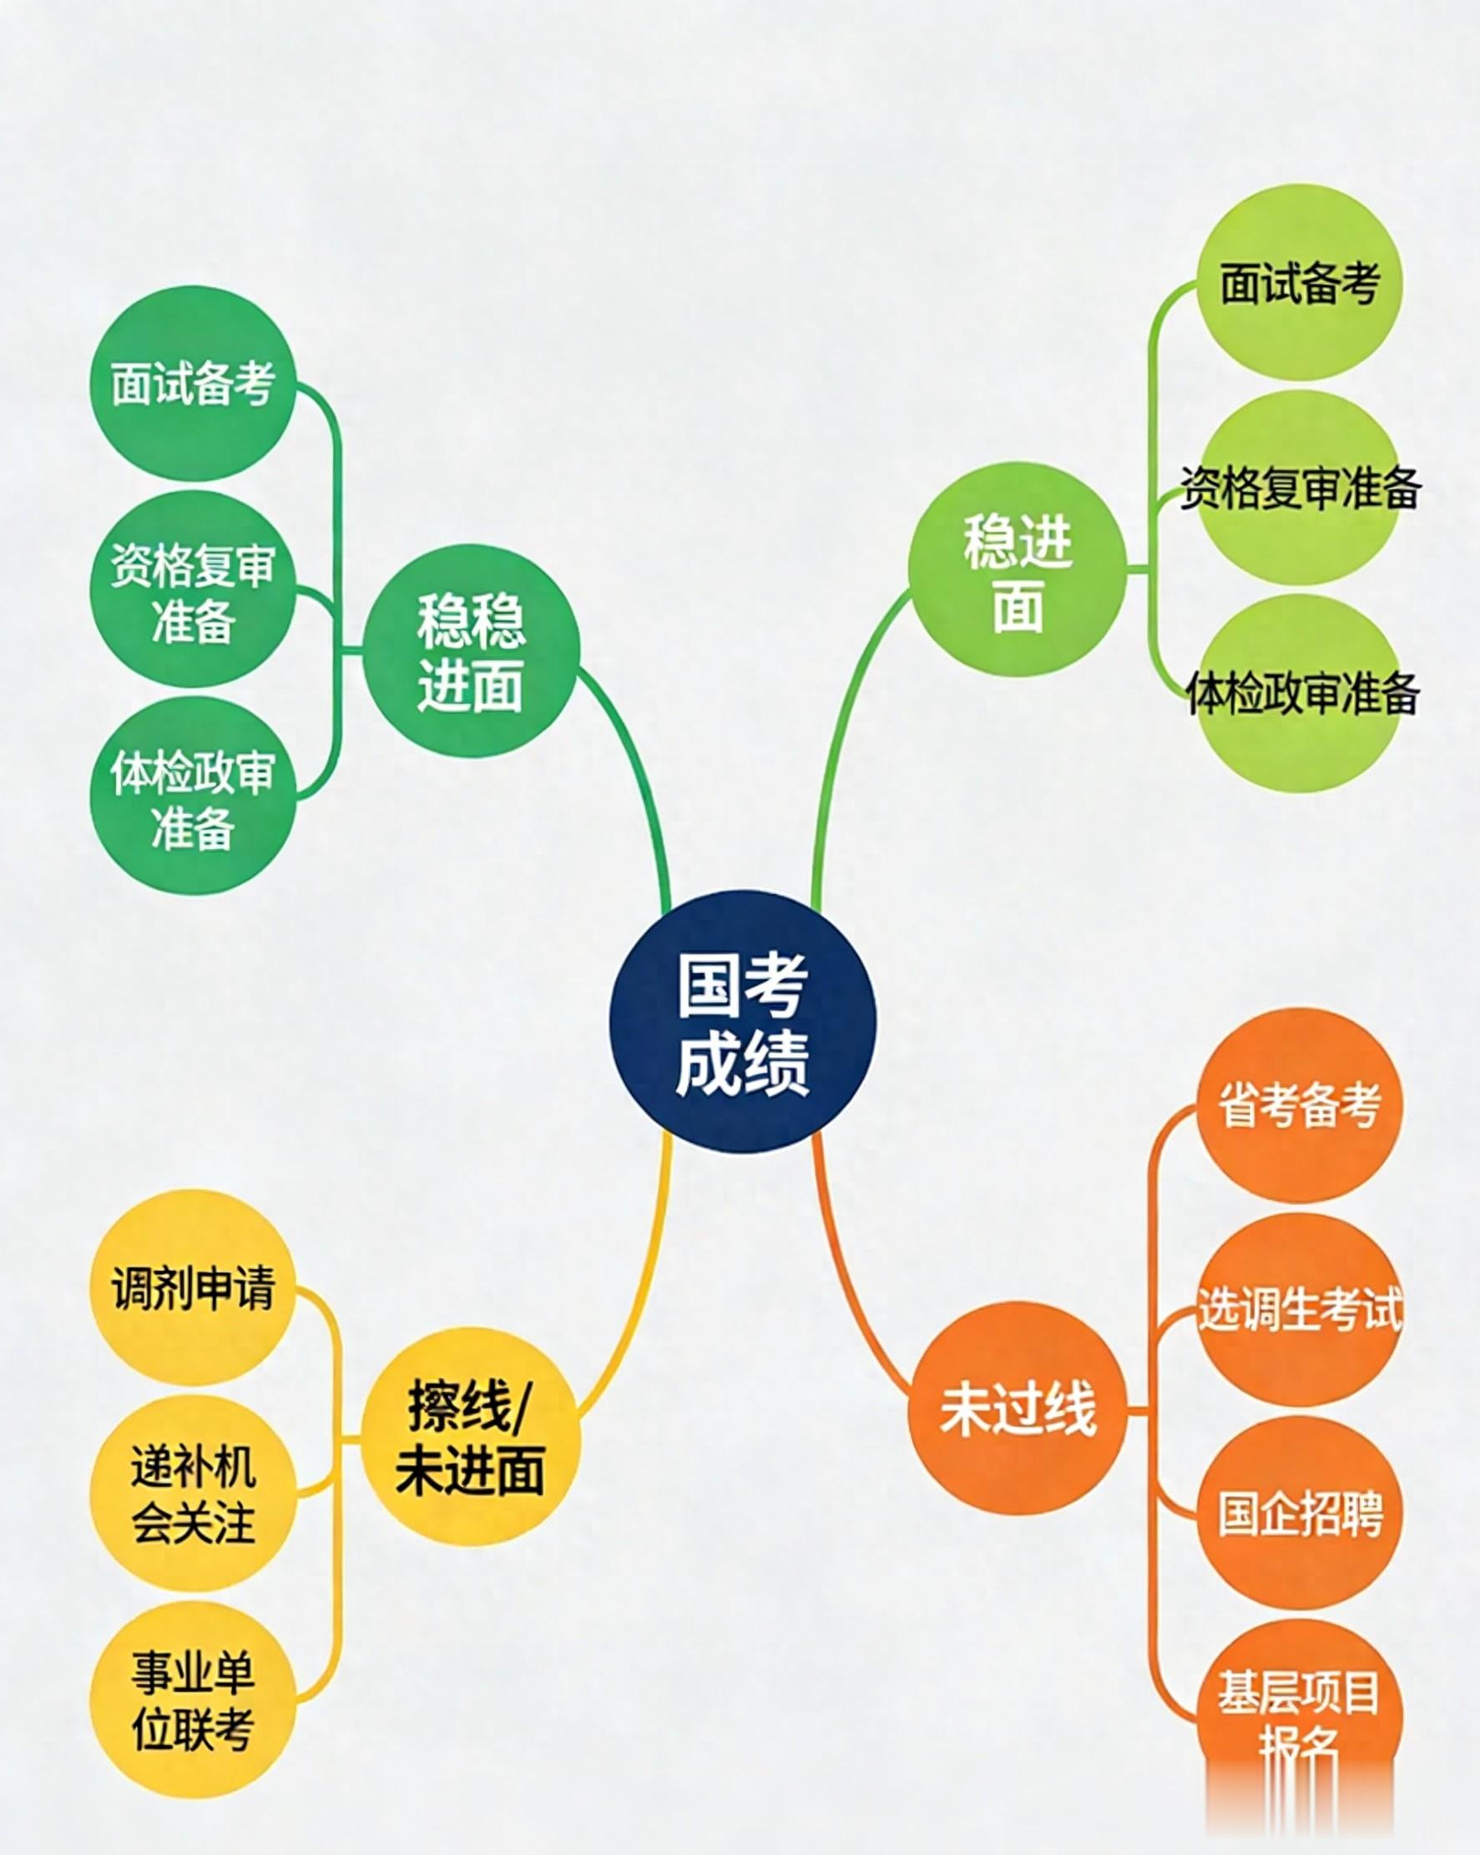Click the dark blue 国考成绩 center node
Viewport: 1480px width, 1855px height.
pyautogui.click(x=743, y=1021)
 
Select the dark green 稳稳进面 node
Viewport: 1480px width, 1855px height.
pyautogui.click(x=471, y=651)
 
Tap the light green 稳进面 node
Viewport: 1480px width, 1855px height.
pyautogui.click(x=1018, y=569)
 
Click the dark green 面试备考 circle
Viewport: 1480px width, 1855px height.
pyautogui.click(x=193, y=384)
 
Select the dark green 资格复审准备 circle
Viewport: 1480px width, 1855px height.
pyautogui.click(x=193, y=590)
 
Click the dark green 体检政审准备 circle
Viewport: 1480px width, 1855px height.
pyautogui.click(x=193, y=796)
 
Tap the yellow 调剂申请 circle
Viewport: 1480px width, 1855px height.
pyautogui.click(x=193, y=1288)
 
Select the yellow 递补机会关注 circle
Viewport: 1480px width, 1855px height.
pyautogui.click(x=193, y=1494)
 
